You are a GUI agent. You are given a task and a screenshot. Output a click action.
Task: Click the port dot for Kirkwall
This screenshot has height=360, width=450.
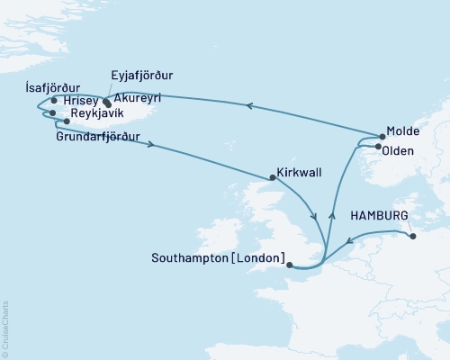click(274, 177)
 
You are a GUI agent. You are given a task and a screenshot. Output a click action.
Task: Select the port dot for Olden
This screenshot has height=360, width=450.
click(377, 147)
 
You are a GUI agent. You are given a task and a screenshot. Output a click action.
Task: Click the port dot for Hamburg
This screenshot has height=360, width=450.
click(413, 237)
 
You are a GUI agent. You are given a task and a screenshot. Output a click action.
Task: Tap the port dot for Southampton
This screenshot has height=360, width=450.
click(289, 264)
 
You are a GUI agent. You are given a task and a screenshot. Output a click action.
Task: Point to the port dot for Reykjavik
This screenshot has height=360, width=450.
click(67, 121)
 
